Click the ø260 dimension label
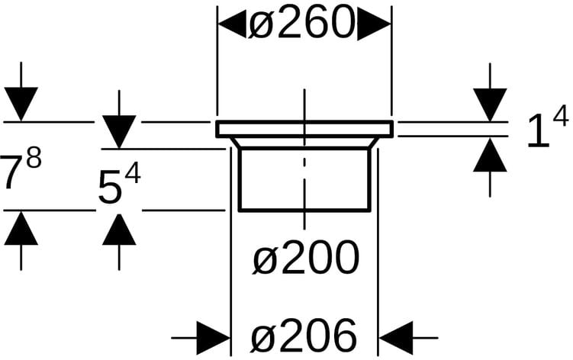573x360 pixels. click(x=304, y=25)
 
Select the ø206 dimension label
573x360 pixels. click(x=304, y=335)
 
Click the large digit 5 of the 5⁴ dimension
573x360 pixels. click(x=110, y=188)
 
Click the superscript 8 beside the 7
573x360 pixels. click(x=33, y=161)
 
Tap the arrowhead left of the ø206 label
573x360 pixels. click(x=214, y=336)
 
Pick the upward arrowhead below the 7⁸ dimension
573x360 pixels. click(x=21, y=228)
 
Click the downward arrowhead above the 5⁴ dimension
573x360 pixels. click(x=119, y=131)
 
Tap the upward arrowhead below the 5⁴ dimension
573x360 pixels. click(x=119, y=228)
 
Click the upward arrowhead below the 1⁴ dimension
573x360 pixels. click(x=490, y=155)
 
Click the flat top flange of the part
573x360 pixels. click(x=304, y=129)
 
